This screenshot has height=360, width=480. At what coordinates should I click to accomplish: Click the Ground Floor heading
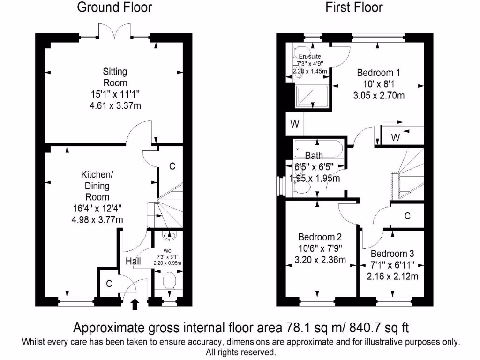click(x=114, y=7)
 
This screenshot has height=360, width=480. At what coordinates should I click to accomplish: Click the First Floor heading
click(x=354, y=7)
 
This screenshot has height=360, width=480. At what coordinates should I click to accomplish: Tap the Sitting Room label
click(x=115, y=77)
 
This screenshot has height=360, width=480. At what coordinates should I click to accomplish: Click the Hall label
click(x=134, y=262)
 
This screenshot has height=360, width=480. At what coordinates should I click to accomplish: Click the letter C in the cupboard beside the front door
click(x=109, y=283)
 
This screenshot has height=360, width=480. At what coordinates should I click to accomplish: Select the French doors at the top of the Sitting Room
click(x=115, y=31)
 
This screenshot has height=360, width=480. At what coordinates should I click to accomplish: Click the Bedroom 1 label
click(x=378, y=73)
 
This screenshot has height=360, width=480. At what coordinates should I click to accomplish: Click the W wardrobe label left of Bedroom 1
click(x=294, y=125)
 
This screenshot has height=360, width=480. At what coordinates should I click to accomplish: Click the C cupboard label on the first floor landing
click(x=407, y=216)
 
